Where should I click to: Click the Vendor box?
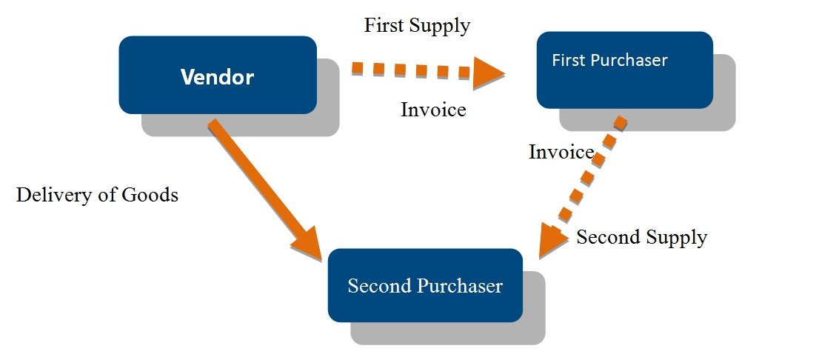(218, 75)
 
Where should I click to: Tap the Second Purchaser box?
(425, 285)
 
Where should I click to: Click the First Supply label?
(417, 25)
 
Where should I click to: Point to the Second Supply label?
(641, 237)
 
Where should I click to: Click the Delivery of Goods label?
(97, 195)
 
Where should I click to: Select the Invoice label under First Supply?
(433, 110)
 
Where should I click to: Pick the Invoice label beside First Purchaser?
(561, 152)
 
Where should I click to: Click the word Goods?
(150, 195)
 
